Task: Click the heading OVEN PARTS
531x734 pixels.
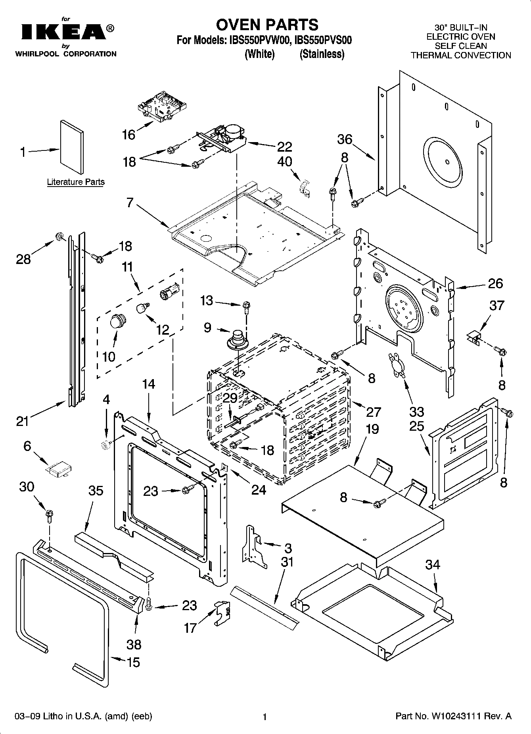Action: click(267, 25)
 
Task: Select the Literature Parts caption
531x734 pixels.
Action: click(76, 182)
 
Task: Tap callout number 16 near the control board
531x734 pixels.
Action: click(128, 135)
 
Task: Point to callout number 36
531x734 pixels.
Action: click(345, 139)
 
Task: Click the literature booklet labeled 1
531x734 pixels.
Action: click(72, 146)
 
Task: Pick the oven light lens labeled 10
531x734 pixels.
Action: click(117, 320)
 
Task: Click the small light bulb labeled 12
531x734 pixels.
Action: click(143, 308)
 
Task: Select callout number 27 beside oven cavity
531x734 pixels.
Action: click(373, 412)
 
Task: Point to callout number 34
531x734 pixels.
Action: click(433, 564)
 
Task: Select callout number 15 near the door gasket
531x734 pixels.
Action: click(133, 662)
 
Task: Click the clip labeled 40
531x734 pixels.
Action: click(305, 187)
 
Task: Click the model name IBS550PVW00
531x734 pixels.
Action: click(259, 40)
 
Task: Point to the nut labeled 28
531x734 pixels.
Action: click(60, 237)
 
